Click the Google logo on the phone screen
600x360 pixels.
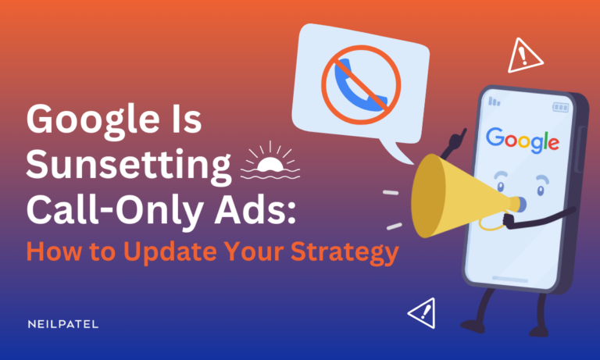[522, 140]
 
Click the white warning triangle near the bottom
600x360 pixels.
[422, 314]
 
